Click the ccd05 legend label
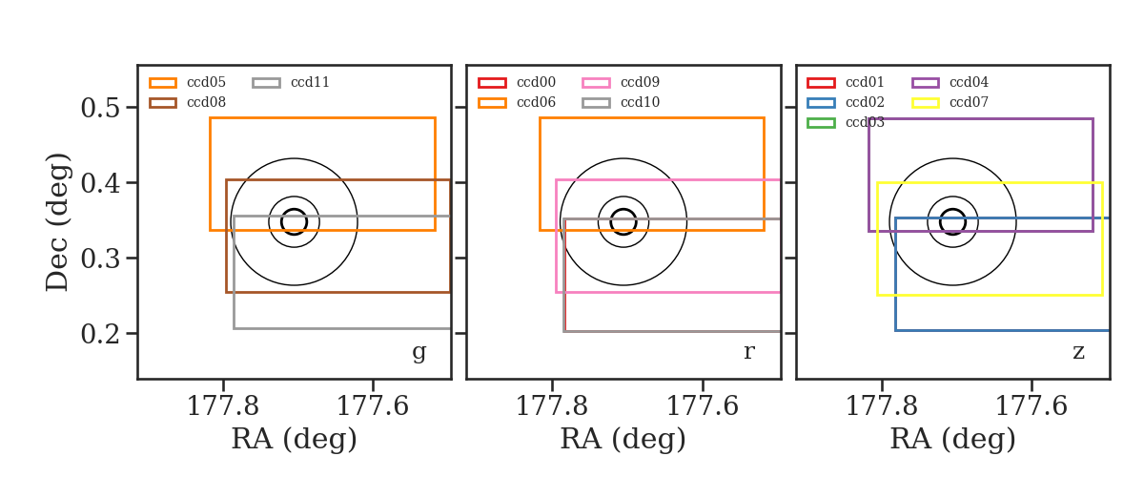(206, 82)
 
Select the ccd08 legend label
(206, 102)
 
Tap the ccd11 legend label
(310, 82)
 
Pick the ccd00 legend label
(536, 82)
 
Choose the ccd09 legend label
(640, 82)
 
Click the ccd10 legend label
(640, 102)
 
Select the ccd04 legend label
(969, 82)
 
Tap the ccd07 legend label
(969, 102)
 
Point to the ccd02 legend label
(866, 102)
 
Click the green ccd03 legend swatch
(821, 123)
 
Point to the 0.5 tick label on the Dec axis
(101, 108)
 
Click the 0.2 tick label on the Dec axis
(101, 334)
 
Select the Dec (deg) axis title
(57, 222)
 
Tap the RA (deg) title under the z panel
(952, 439)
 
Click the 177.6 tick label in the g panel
(373, 406)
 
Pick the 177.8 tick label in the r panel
(552, 406)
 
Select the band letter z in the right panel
(1078, 352)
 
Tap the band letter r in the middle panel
(748, 352)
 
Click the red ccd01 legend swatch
(821, 83)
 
